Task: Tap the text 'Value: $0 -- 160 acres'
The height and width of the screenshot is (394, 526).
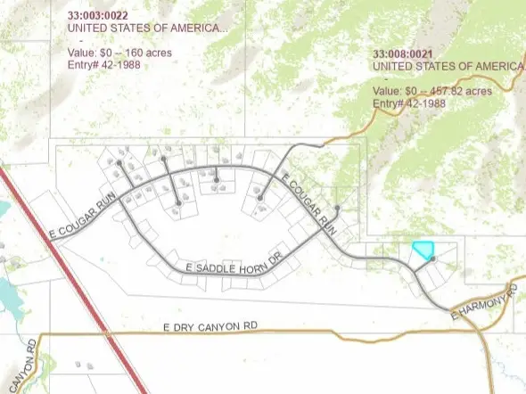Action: click(x=121, y=52)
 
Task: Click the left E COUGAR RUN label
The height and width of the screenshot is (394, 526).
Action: click(x=85, y=220)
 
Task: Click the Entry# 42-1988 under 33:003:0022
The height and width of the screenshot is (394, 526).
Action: click(x=104, y=64)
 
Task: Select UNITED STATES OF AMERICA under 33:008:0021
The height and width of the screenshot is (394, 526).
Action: click(x=446, y=66)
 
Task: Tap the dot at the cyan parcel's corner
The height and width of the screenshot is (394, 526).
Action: click(x=432, y=259)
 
